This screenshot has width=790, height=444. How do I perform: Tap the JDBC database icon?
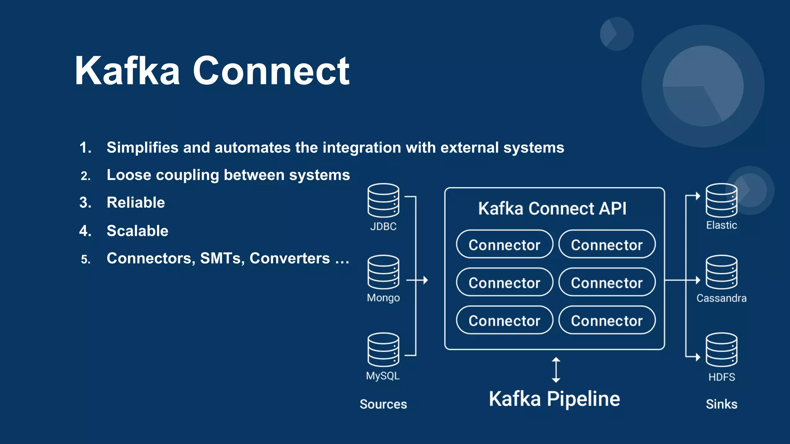(x=383, y=200)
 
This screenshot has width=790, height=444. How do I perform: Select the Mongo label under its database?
(x=383, y=298)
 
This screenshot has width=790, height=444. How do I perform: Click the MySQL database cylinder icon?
(x=383, y=350)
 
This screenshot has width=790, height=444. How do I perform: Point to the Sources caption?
(x=383, y=404)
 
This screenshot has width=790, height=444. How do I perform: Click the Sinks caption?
(x=721, y=404)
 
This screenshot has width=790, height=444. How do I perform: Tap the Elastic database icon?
(x=721, y=200)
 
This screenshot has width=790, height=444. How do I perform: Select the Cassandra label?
(x=721, y=298)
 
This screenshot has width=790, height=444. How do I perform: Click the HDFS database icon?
(x=721, y=350)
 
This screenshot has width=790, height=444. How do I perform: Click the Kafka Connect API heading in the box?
(x=552, y=209)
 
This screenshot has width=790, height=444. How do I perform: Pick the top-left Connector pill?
(x=504, y=244)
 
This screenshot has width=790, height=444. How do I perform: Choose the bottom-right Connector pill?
(x=607, y=320)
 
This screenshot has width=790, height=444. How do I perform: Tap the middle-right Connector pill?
(x=607, y=283)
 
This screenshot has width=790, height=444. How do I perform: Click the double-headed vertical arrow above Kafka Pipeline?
(x=556, y=370)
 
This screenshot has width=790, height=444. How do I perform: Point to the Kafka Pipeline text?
(x=554, y=399)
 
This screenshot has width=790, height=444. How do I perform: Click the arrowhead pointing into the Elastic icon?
(x=698, y=196)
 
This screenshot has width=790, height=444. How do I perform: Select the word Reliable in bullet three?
(x=136, y=203)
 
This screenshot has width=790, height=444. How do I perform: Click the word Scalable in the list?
(x=137, y=231)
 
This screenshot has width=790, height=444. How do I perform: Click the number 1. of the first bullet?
(x=85, y=148)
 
